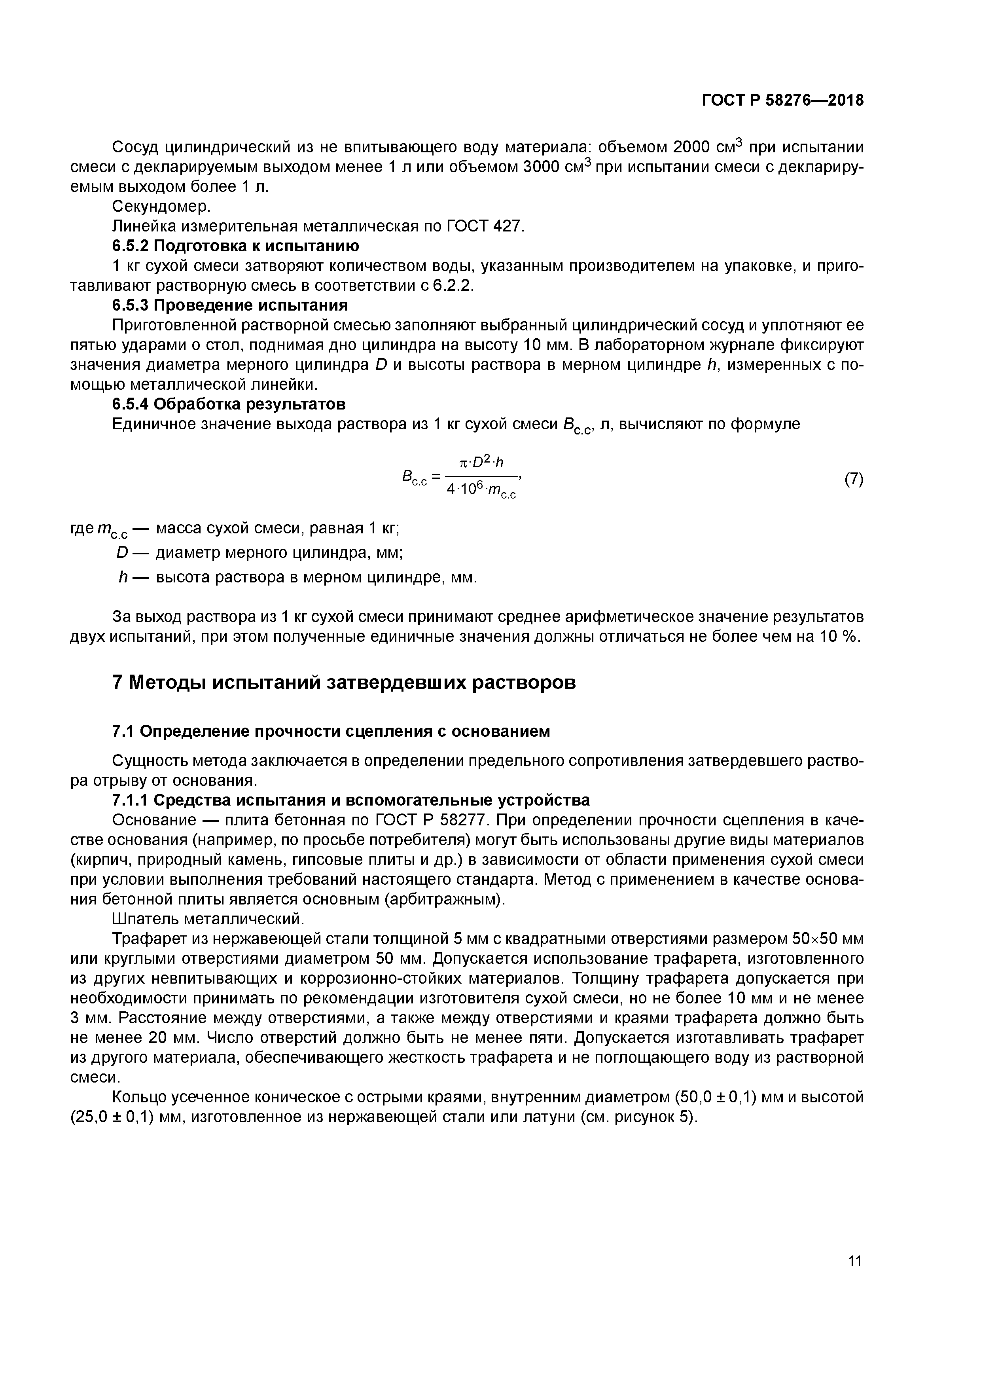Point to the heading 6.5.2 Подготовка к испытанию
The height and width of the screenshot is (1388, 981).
[236, 246]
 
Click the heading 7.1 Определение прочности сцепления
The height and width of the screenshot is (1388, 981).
[331, 732]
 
